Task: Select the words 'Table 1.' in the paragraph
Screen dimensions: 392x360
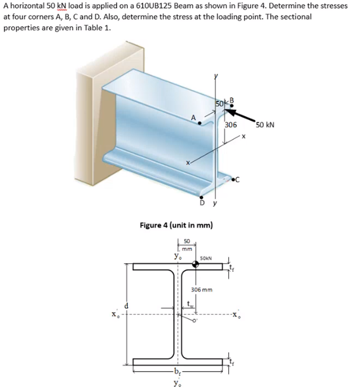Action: click(x=98, y=28)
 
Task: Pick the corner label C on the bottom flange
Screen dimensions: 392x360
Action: click(x=237, y=179)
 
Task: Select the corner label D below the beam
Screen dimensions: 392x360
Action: click(x=202, y=202)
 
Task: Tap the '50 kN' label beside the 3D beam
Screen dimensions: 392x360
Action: click(x=265, y=124)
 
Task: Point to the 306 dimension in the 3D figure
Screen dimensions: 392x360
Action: click(x=231, y=125)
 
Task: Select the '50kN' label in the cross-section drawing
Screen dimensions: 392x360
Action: click(x=205, y=258)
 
